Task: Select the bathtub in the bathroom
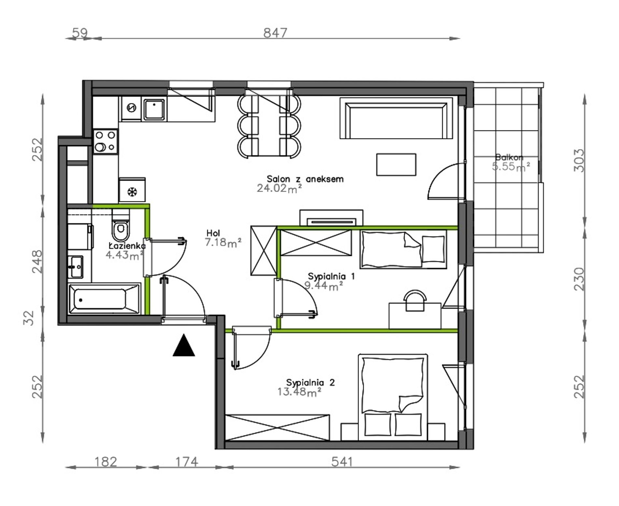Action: click(104, 299)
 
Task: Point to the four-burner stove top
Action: click(105, 141)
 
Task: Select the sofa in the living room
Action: click(396, 118)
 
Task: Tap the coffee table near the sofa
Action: click(396, 165)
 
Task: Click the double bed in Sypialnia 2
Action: click(393, 397)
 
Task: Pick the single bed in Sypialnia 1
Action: click(403, 249)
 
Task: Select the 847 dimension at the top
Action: click(276, 33)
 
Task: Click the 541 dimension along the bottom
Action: click(342, 462)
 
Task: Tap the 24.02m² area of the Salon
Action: click(279, 188)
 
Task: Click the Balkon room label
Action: click(509, 158)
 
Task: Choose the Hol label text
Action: click(213, 233)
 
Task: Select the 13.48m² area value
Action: click(299, 392)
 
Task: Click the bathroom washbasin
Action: click(76, 267)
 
